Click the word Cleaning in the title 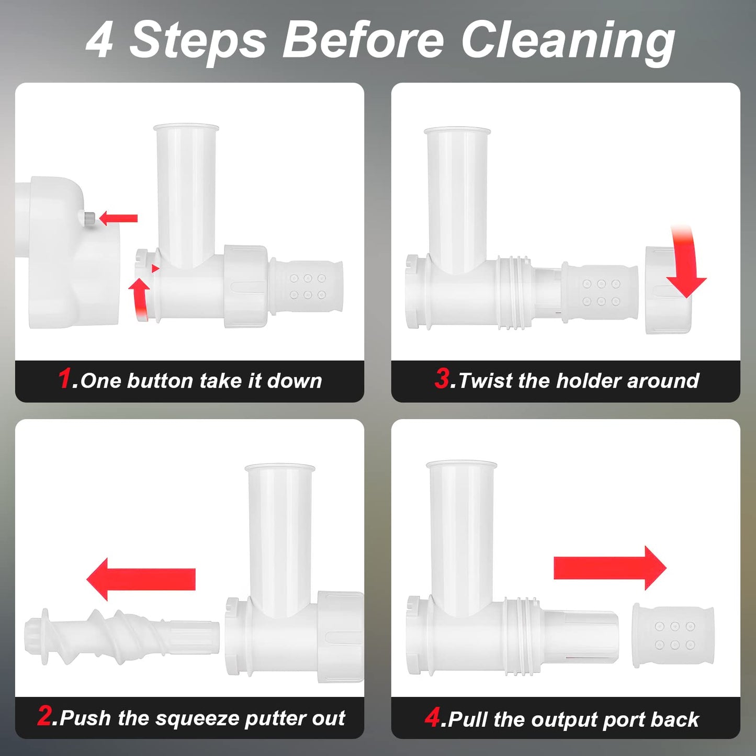(568, 42)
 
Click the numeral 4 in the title (100, 41)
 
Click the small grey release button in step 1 (89, 217)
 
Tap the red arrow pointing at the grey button (118, 218)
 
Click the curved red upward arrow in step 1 (140, 298)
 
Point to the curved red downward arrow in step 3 (685, 262)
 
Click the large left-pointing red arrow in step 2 (141, 579)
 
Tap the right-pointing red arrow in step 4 (610, 568)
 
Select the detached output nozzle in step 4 (673, 635)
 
